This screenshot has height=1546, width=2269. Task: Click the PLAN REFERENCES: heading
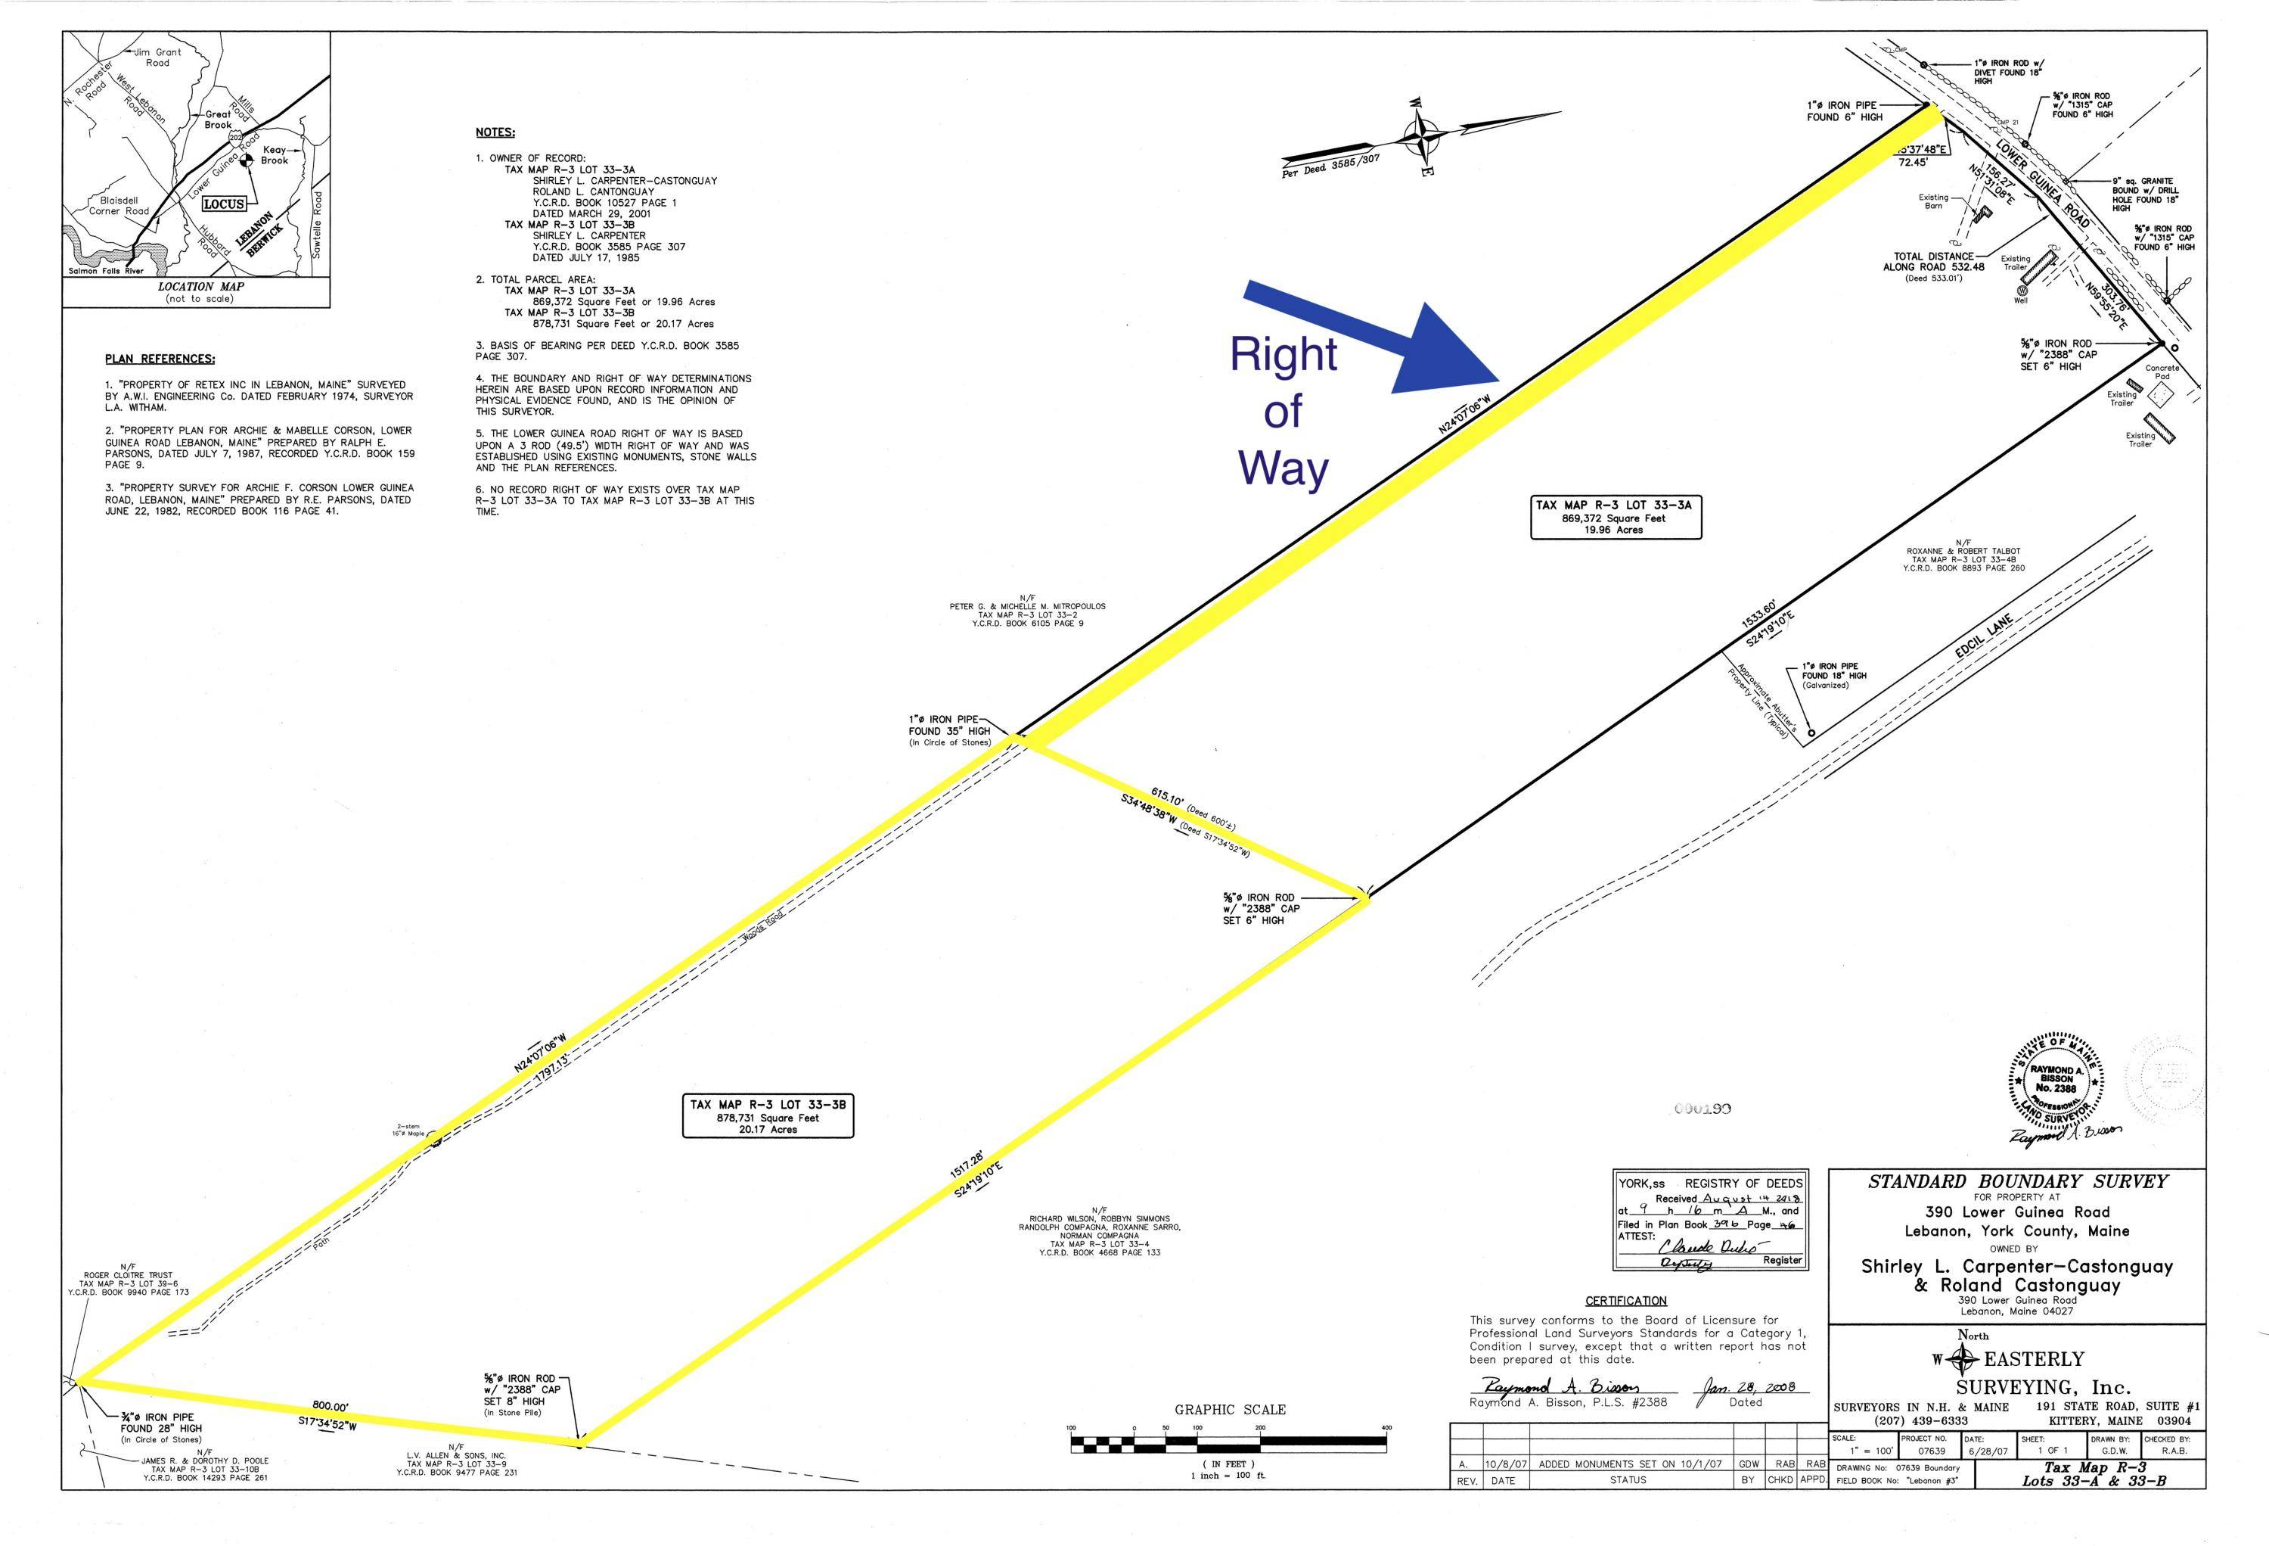coord(160,359)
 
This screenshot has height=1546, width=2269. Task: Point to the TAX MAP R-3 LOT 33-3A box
coord(1616,518)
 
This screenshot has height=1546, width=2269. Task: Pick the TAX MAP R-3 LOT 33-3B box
coord(768,1116)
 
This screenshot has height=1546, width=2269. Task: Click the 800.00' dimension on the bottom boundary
coord(332,1406)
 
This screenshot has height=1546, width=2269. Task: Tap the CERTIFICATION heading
coord(1625,1301)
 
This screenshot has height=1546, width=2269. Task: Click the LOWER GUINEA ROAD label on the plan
coord(2043,185)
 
